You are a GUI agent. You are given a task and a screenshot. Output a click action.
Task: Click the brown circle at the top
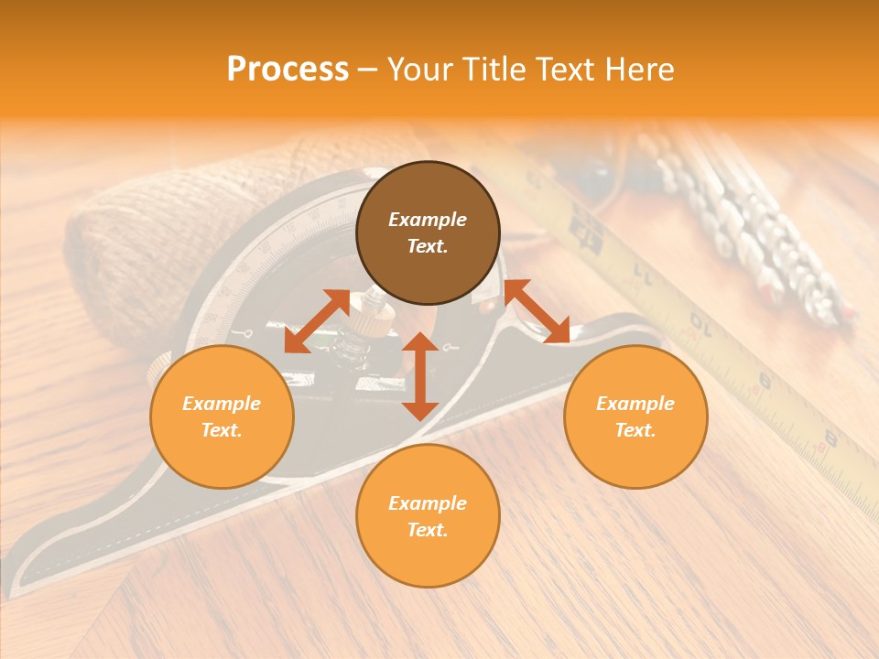pos(428,232)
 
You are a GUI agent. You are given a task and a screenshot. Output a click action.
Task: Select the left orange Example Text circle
pos(222,416)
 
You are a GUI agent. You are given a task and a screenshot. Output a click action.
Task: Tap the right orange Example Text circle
pos(635,416)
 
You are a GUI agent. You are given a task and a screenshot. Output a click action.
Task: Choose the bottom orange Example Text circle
pos(428,516)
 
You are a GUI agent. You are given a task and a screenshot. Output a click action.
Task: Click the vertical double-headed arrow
pos(420,376)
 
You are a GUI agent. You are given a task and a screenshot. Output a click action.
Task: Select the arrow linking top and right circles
pos(537,312)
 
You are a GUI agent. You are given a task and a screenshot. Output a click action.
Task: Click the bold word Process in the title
pos(288,69)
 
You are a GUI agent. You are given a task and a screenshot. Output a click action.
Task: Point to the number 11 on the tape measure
pos(646,272)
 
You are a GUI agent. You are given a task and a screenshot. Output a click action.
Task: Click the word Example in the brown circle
pos(428,220)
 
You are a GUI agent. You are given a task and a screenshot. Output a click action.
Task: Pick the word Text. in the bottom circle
pos(428,530)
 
